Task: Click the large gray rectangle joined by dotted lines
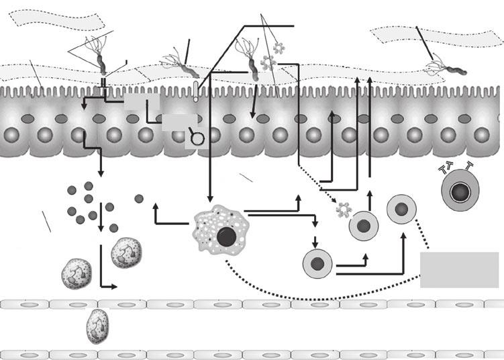(459, 269)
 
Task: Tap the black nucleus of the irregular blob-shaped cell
(226, 237)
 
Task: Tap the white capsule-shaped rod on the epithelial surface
(195, 91)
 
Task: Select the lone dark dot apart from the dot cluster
(139, 198)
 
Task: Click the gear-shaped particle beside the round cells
(344, 210)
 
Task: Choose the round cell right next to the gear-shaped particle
(364, 225)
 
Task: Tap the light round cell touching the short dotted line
(401, 210)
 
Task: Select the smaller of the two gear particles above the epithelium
(279, 47)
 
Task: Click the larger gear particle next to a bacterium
(269, 64)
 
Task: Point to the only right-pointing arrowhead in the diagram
(113, 287)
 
